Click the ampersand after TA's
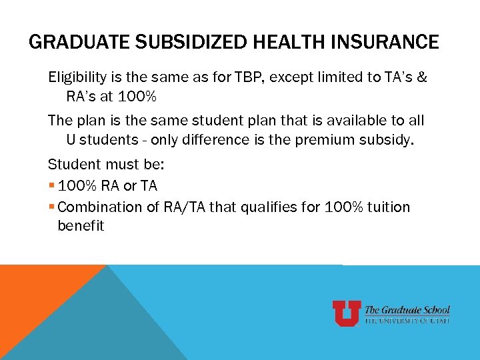(422, 77)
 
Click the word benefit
(81, 226)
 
